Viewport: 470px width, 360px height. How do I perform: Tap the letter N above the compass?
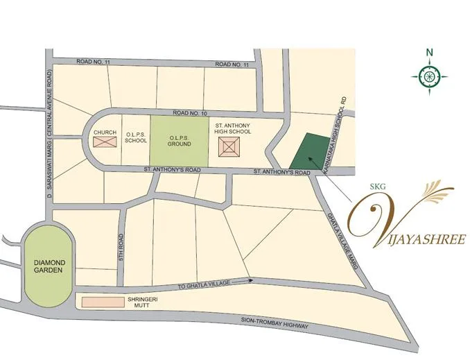430,52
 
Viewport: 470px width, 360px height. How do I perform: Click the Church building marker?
105,142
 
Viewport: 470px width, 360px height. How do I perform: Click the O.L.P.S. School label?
136,137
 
